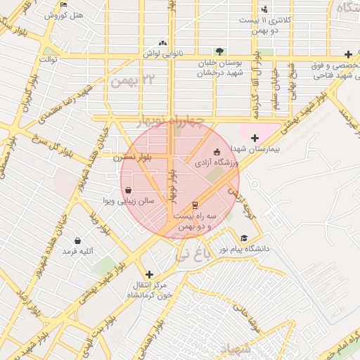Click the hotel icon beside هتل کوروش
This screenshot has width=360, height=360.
[64, 4]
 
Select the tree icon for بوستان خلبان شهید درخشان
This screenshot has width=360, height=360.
[219, 51]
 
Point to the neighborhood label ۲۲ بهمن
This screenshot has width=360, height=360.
[131, 79]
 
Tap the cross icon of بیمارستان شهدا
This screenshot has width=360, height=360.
[255, 138]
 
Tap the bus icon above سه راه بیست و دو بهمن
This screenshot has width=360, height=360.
[195, 205]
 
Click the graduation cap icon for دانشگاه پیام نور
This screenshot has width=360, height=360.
[244, 238]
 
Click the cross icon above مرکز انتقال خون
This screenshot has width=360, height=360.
[148, 274]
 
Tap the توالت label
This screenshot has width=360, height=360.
[48, 60]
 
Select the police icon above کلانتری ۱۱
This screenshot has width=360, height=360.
[264, 9]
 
